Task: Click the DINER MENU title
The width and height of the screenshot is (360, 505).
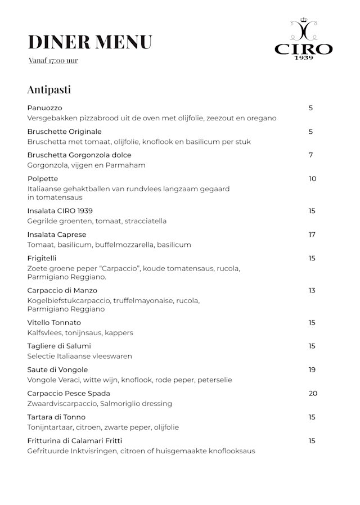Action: [90, 42]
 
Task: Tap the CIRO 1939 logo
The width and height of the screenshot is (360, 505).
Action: [303, 39]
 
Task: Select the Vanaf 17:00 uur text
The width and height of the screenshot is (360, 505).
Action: [53, 61]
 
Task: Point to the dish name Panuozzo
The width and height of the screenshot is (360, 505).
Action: [44, 108]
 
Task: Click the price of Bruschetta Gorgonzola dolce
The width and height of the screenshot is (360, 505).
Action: [310, 155]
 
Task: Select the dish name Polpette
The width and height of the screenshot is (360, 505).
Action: [43, 179]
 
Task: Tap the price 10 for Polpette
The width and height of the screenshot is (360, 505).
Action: [312, 179]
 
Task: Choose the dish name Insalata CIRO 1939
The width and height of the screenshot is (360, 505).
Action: [60, 211]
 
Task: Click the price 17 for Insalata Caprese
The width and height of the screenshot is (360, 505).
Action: [312, 235]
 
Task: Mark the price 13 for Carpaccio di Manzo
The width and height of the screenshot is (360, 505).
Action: [312, 291]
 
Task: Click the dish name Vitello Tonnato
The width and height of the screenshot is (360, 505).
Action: [54, 323]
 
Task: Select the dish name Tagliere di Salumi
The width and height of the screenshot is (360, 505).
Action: [59, 346]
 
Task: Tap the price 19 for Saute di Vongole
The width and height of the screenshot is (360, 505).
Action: [312, 370]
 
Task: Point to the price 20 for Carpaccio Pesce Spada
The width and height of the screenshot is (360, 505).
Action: [313, 394]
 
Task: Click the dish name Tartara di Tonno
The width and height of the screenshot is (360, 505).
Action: [56, 417]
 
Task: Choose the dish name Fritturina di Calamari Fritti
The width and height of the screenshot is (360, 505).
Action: [75, 441]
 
